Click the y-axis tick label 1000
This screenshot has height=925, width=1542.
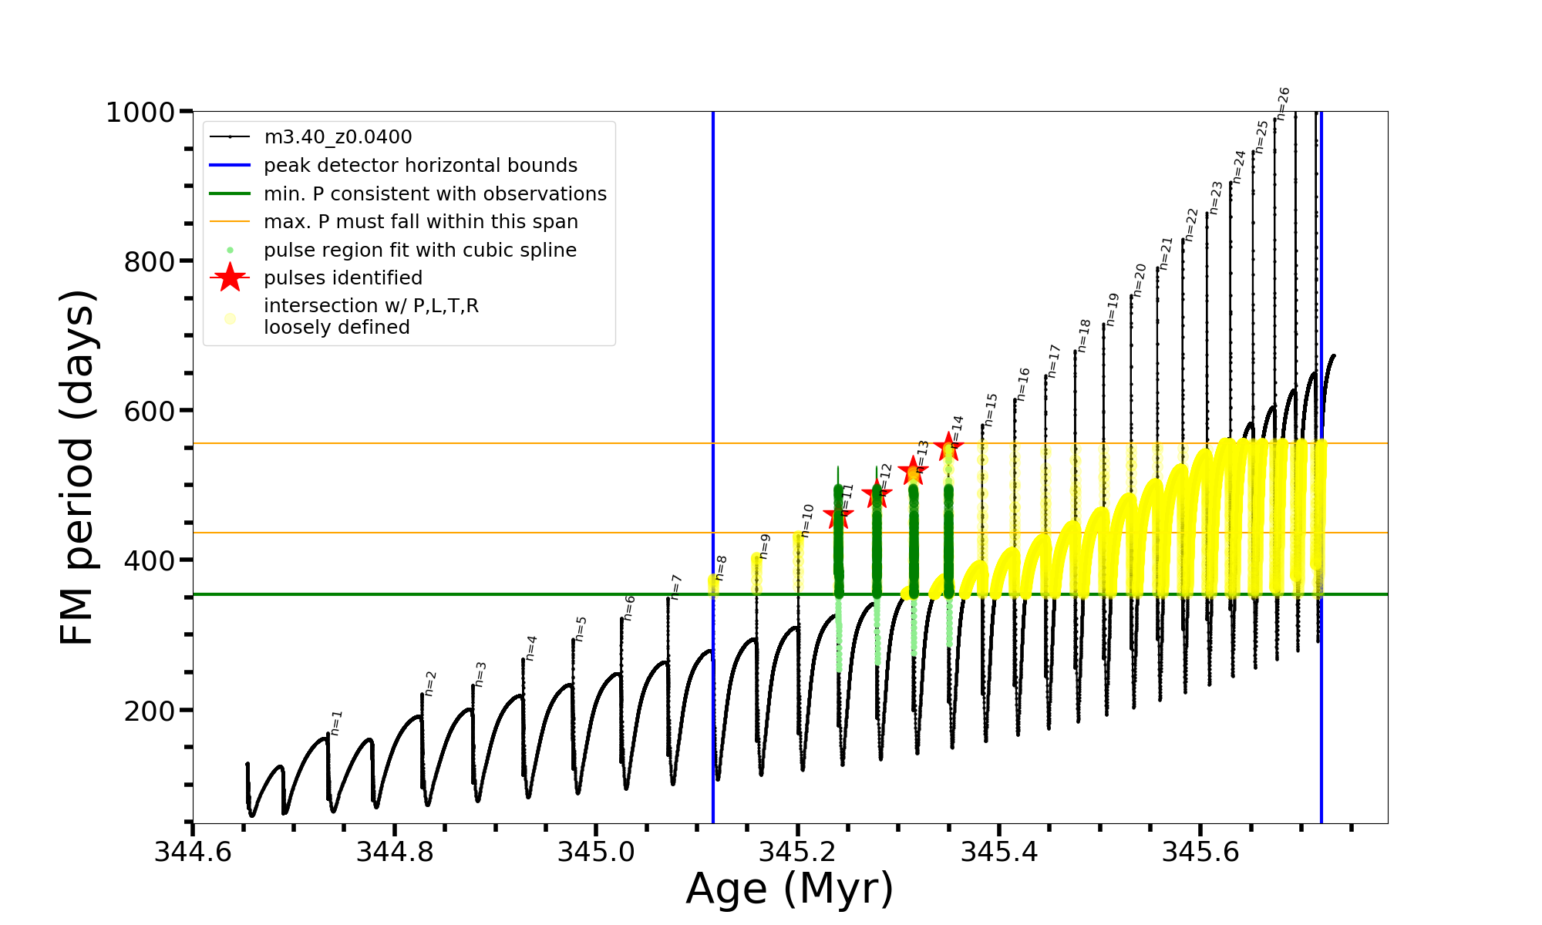(x=140, y=113)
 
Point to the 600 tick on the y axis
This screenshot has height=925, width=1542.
(x=150, y=411)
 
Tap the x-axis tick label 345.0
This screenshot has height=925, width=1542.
(x=595, y=852)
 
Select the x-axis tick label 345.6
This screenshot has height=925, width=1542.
(x=1200, y=852)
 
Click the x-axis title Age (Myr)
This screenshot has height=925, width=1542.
(x=790, y=889)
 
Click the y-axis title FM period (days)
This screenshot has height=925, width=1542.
(x=77, y=467)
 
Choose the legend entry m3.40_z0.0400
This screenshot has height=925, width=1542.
(x=338, y=137)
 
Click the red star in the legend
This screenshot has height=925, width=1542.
(x=230, y=277)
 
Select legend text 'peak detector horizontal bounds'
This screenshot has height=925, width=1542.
(x=420, y=166)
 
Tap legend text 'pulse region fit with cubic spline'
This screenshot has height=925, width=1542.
(x=419, y=251)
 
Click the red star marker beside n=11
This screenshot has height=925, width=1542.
(x=838, y=516)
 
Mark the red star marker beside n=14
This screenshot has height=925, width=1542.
(x=948, y=447)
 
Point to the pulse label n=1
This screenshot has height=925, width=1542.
(x=336, y=722)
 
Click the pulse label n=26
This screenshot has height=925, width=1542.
(x=1283, y=104)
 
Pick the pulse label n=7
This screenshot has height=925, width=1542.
(x=676, y=587)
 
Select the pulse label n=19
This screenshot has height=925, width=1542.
(x=1112, y=309)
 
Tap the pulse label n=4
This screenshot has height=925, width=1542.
(x=530, y=648)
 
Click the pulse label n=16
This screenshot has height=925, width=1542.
(x=1023, y=384)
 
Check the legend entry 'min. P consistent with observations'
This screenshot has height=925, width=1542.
(x=435, y=193)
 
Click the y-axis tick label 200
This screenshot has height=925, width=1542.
(x=150, y=710)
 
